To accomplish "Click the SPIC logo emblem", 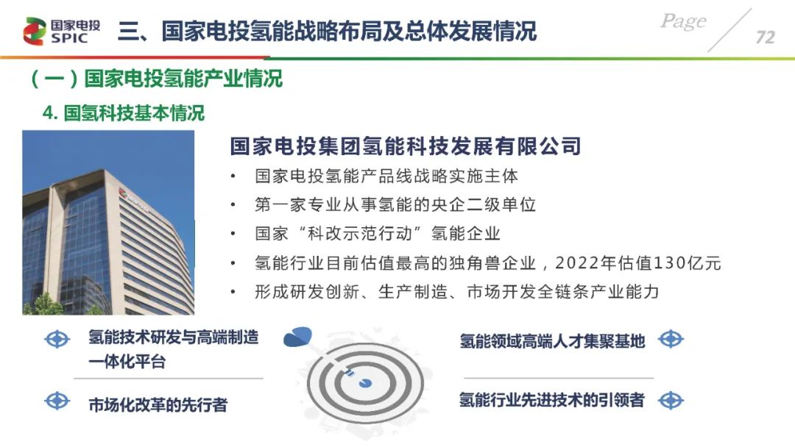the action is click(x=34, y=31).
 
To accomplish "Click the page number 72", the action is click(x=765, y=37).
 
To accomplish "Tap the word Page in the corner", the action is click(x=683, y=21).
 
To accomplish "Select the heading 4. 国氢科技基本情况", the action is click(x=124, y=113).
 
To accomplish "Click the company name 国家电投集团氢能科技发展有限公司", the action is click(x=405, y=146).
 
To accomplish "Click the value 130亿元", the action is click(x=687, y=263).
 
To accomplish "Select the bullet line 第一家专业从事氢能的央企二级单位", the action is click(x=395, y=204).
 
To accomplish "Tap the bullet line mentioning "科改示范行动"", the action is click(x=377, y=234).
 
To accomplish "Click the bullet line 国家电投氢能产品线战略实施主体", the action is click(x=386, y=176).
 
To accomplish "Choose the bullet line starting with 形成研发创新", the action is click(x=456, y=292).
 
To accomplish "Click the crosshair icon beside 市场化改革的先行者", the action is click(x=57, y=401).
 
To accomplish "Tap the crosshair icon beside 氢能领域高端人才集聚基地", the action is click(x=671, y=339).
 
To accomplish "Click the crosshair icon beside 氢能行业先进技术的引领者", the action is click(x=671, y=401).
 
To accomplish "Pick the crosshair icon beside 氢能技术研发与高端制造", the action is click(x=57, y=339).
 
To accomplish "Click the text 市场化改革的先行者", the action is click(x=158, y=405).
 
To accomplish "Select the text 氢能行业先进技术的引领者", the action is click(x=551, y=400).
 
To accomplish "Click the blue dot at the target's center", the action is click(x=366, y=383).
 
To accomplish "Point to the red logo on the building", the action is click(x=122, y=193).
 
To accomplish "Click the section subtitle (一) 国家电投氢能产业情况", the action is click(x=157, y=79).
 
